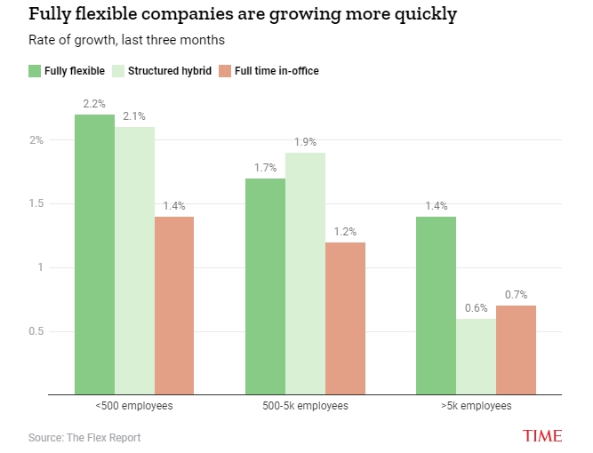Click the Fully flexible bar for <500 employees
pos(94,254)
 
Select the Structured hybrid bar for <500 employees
pos(134,260)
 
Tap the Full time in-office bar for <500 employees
pos(174,305)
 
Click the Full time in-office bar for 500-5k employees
pos(345,317)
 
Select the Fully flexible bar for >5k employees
pos(436,305)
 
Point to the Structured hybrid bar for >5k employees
pos(476,355)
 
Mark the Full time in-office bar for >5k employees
pos(516,349)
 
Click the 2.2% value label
pos(94,104)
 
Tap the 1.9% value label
pos(305,142)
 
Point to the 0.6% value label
pos(476,308)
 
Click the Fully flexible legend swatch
pos(36,71)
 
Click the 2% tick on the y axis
pos(36,140)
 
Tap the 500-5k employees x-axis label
pos(305,406)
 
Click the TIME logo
pos(541,436)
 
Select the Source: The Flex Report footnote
pos(84,437)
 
